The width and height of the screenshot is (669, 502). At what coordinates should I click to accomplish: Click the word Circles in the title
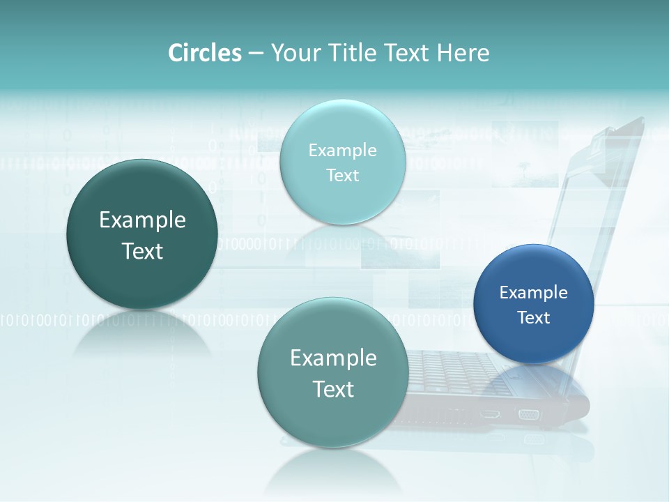[204, 53]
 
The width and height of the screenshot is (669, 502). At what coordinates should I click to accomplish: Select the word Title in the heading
[349, 53]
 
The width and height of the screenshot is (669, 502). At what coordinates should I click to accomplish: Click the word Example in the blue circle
[533, 293]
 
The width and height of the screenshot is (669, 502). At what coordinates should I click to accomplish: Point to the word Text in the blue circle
[534, 318]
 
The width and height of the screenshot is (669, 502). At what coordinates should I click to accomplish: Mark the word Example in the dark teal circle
[142, 220]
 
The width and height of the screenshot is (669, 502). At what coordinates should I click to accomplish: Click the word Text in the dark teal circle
[142, 251]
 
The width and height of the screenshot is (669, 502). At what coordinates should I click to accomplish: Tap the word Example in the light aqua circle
[342, 151]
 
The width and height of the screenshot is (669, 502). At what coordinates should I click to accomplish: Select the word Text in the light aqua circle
[342, 176]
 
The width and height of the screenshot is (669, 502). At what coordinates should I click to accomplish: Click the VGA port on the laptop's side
[529, 415]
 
